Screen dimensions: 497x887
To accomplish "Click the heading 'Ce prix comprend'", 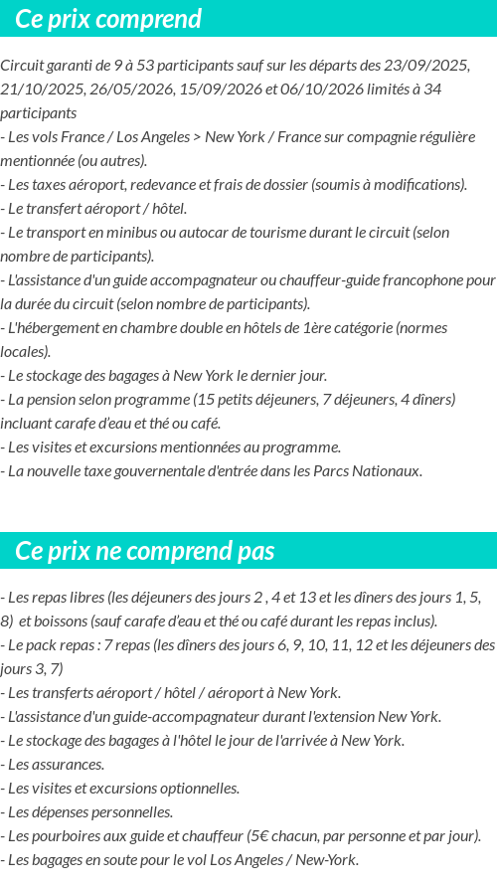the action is click(108, 19).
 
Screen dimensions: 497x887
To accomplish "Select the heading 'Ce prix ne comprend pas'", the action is click(144, 551).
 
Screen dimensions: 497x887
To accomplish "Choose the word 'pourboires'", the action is click(65, 836).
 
